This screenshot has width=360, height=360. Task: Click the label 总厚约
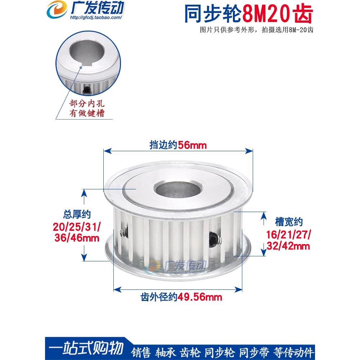77,215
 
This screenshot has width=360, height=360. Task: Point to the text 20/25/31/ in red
77,227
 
